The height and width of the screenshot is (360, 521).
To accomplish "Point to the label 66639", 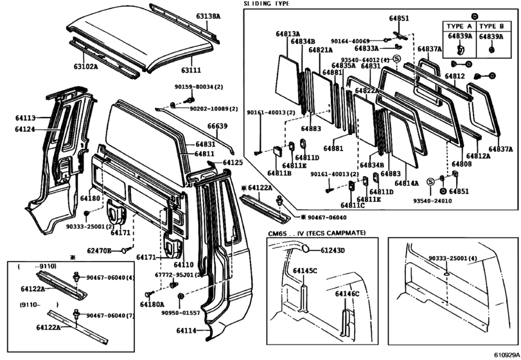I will click(217, 126).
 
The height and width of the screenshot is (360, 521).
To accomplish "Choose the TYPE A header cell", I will click(459, 26).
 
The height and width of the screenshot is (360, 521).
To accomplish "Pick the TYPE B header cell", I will click(491, 26).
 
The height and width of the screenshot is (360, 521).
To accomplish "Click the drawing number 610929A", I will click(506, 354).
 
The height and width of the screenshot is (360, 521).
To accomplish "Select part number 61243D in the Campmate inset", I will click(333, 251).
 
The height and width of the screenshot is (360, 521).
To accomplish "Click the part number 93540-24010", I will click(427, 201).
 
